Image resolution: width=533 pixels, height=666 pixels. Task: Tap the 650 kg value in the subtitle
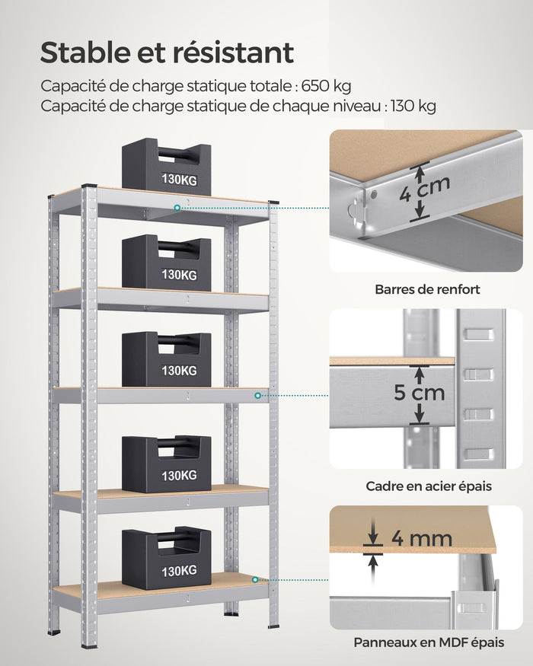pyautogui.click(x=327, y=85)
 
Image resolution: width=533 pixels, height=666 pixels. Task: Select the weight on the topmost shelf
pyautogui.click(x=166, y=164)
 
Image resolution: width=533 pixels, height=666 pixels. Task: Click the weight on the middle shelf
pyautogui.click(x=166, y=358)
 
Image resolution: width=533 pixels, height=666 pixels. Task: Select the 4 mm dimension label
pyautogui.click(x=421, y=539)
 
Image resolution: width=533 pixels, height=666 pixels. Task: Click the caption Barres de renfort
pyautogui.click(x=427, y=289)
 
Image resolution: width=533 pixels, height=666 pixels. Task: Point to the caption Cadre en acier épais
pyautogui.click(x=429, y=486)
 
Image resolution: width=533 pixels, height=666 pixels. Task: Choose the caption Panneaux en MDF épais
pyautogui.click(x=429, y=643)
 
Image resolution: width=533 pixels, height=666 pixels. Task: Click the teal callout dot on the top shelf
pyautogui.click(x=177, y=206)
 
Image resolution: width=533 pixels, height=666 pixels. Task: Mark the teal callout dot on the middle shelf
pyautogui.click(x=258, y=396)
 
